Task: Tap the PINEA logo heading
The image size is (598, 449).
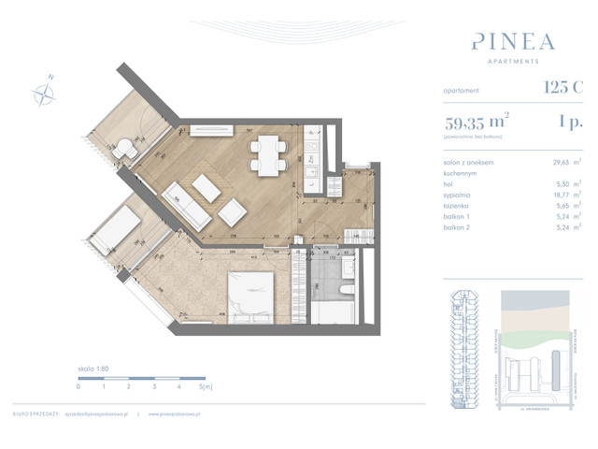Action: pos(513,42)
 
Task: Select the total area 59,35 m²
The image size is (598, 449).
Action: pos(477,122)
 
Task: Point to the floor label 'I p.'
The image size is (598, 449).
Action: pos(570,122)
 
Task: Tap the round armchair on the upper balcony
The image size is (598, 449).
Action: pos(128,147)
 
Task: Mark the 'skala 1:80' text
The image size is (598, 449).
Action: pos(93,369)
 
